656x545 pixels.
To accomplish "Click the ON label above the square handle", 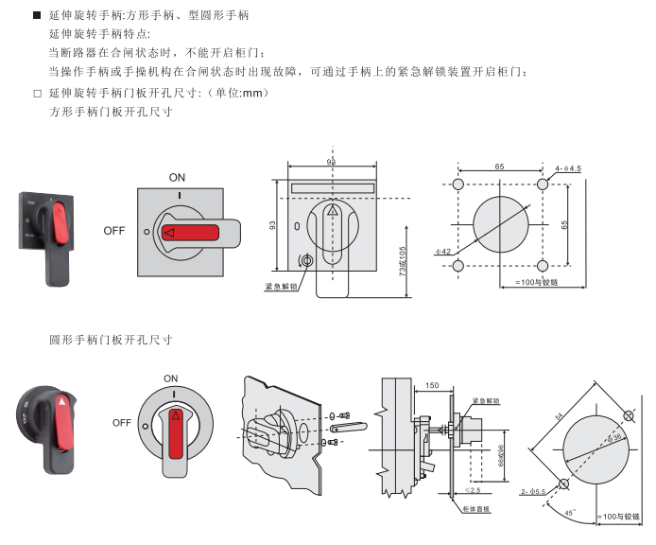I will click(177, 177).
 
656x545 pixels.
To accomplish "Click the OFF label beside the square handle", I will click(114, 230).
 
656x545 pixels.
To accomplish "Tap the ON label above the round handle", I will click(170, 378).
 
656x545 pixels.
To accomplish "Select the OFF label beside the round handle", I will click(121, 423).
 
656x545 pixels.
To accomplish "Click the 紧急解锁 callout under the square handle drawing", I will click(281, 285).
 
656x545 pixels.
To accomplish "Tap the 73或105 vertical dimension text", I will click(404, 261).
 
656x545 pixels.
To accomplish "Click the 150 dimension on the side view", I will click(433, 386).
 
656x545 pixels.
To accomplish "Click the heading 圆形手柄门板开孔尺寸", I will click(111, 338).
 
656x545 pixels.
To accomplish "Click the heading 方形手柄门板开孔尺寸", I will click(111, 111).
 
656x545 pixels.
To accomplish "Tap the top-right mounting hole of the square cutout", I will click(543, 183).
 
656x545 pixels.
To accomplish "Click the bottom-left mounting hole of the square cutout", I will click(458, 267).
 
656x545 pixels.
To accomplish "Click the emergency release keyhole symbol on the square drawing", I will click(305, 262).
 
